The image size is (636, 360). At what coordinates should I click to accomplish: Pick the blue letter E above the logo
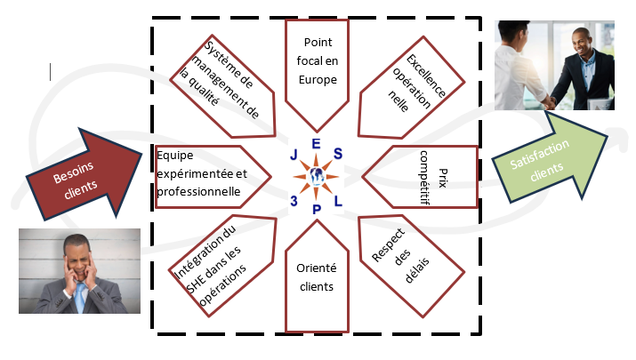316,142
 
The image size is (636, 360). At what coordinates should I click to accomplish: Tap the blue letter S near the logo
338,154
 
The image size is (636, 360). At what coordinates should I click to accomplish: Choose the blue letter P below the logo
317,210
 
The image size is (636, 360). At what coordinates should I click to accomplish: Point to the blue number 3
293,199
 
